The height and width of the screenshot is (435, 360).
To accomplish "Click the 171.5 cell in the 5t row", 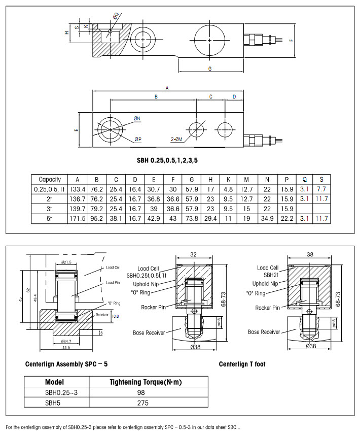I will (77, 218).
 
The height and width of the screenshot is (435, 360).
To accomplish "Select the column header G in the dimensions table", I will (192, 179).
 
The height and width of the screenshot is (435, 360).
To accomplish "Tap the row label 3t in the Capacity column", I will (50, 209).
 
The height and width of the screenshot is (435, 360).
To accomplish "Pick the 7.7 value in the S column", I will (321, 189).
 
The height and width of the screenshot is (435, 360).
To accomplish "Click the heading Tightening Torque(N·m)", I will (142, 382).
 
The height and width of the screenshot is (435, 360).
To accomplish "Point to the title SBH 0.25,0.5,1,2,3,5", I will (167, 160).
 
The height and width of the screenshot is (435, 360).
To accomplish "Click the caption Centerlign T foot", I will (242, 364).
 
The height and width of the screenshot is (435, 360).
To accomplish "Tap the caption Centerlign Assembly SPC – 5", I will (66, 364).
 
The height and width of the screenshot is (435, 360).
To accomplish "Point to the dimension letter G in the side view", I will (209, 68).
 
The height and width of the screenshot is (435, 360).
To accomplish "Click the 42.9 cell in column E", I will (154, 218).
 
